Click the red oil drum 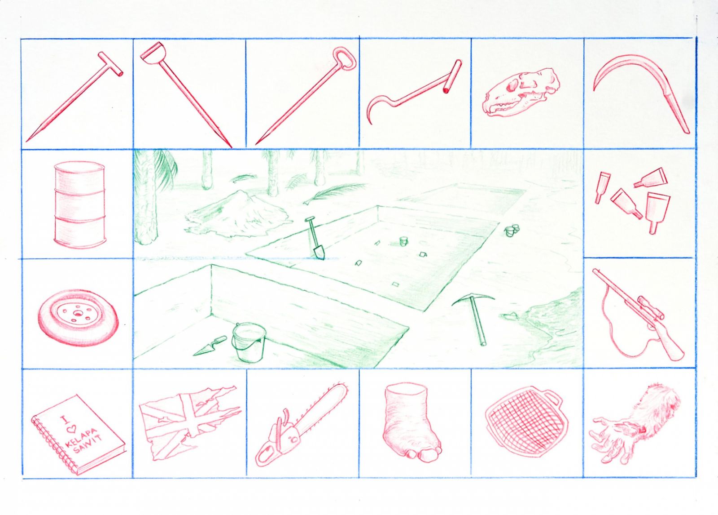(79, 206)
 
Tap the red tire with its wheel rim (78, 317)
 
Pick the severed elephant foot (413, 423)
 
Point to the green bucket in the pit (249, 342)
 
